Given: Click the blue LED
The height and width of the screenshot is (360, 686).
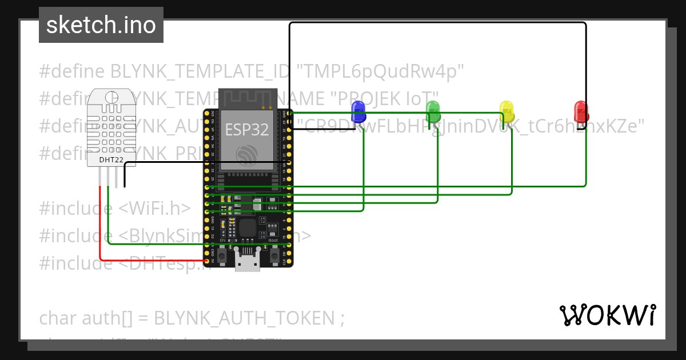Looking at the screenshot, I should [x=358, y=111].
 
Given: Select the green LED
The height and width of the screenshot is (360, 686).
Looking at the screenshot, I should [x=433, y=111].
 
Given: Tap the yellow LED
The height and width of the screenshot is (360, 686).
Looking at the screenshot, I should [x=507, y=111].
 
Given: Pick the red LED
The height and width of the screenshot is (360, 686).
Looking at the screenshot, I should [x=581, y=111].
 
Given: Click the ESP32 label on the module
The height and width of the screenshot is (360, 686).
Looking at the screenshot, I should [x=246, y=130].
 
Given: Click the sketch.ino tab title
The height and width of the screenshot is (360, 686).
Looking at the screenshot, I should [x=101, y=25].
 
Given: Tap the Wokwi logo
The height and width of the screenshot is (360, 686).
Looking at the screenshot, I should [x=607, y=315].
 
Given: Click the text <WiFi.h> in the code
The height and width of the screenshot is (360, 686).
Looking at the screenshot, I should [x=154, y=209].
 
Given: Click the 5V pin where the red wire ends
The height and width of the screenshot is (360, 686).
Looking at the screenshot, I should [x=207, y=261].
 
